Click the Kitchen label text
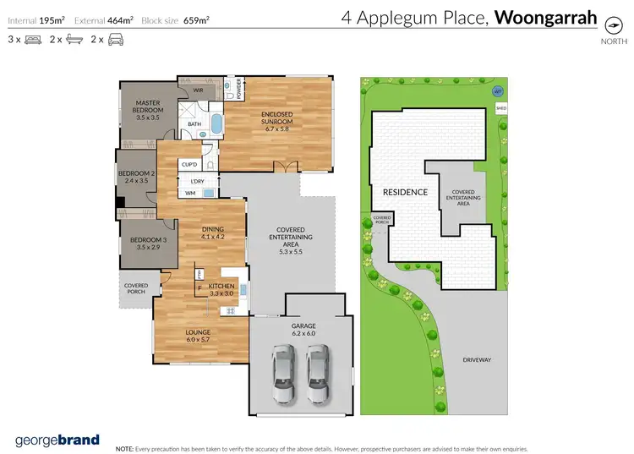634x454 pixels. point(221,287)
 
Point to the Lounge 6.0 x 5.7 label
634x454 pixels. point(198,336)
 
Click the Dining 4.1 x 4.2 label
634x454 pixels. point(211,233)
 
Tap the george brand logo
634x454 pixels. point(57,440)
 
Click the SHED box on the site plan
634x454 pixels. point(501,108)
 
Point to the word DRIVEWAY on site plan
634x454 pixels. point(477,360)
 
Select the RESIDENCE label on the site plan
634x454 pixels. point(405,192)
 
